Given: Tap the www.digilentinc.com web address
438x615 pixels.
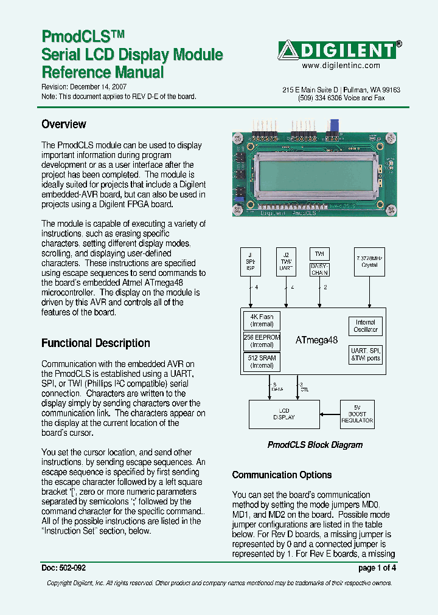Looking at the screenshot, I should [x=341, y=66].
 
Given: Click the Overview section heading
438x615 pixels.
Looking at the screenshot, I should [x=63, y=125].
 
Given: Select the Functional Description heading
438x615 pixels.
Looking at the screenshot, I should [x=96, y=343].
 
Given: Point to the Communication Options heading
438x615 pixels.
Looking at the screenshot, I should [x=282, y=475].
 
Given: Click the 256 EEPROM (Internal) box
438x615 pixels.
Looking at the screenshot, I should [x=262, y=341].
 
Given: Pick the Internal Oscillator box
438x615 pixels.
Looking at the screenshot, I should [x=366, y=326].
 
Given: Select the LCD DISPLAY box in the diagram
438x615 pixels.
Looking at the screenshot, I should [x=283, y=414].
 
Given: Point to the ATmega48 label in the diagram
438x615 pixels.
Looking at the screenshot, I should [x=316, y=341].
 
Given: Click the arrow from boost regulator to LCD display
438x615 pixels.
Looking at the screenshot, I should [x=329, y=414].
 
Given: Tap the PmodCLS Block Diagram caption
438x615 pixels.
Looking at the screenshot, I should [x=315, y=445].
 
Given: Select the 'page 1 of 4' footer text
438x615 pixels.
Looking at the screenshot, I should [x=377, y=568].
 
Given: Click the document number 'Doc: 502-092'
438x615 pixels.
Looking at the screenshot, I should [x=64, y=568].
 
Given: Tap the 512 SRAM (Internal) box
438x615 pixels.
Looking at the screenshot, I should [x=262, y=362].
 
